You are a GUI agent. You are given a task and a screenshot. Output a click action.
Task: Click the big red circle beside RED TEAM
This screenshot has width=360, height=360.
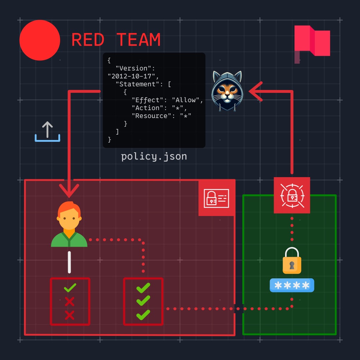pyautogui.click(x=40, y=40)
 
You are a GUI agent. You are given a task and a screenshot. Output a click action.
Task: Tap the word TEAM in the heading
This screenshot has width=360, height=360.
pyautogui.click(x=139, y=40)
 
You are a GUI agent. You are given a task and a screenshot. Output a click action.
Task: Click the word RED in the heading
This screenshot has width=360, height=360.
pyautogui.click(x=88, y=40)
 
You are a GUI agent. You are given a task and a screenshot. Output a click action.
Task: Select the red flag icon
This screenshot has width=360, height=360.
pyautogui.click(x=312, y=44)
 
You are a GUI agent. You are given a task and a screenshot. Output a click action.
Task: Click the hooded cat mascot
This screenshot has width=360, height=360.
pyautogui.click(x=227, y=91)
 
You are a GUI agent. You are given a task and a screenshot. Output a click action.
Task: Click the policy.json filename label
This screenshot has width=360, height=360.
pyautogui.click(x=154, y=157)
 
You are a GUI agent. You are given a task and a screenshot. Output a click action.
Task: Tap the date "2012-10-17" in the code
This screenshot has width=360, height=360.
pyautogui.click(x=131, y=76)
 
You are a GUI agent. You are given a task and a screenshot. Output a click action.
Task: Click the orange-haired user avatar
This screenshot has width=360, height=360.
pyautogui.click(x=69, y=224)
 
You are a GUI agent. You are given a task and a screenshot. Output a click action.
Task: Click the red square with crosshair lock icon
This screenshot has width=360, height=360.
pyautogui.click(x=292, y=195)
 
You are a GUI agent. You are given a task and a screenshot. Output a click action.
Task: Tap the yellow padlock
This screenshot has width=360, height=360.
pyautogui.click(x=292, y=260)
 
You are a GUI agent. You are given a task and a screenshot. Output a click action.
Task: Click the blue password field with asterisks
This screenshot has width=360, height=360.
pyautogui.click(x=292, y=285)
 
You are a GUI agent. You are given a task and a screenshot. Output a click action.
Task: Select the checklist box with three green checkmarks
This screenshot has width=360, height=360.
pyautogui.click(x=143, y=301)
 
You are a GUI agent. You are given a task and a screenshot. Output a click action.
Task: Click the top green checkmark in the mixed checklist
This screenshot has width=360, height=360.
pyautogui.click(x=70, y=288)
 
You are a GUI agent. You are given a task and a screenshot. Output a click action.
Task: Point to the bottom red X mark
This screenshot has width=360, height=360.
pyautogui.click(x=69, y=315)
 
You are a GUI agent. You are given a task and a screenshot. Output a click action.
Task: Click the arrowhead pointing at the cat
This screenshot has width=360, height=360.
pyautogui.click(x=255, y=91)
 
